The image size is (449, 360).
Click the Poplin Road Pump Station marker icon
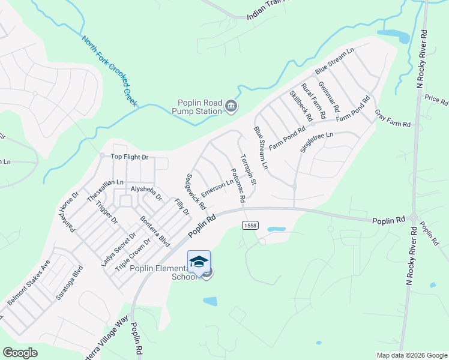pyautogui.click(x=231, y=107)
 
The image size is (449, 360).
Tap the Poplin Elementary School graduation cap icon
pyautogui.click(x=199, y=262)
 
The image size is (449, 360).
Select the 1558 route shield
pyautogui.click(x=250, y=225)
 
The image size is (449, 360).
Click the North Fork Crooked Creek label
pyautogui.click(x=110, y=71)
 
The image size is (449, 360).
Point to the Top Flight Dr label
pyautogui.click(x=129, y=157)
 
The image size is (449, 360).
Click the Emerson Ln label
pyautogui.click(x=217, y=188)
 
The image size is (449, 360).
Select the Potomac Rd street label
pyautogui.click(x=237, y=185)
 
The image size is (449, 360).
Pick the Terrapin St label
pyautogui.click(x=248, y=170)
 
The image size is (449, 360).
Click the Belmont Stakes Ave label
pyautogui.click(x=28, y=289)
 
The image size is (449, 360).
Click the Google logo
pyautogui.click(x=20, y=353)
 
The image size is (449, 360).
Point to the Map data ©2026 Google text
pyautogui.click(x=411, y=355)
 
